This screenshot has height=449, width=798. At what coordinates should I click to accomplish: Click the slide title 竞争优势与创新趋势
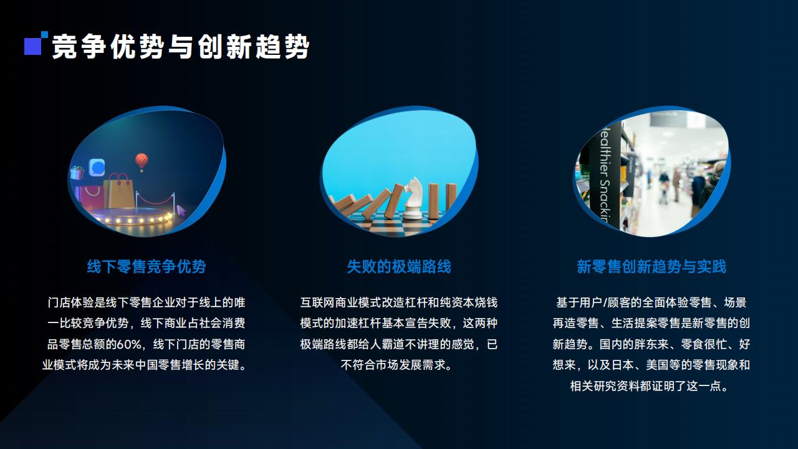[x=181, y=46]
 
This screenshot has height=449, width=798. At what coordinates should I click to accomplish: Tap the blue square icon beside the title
[x=33, y=46]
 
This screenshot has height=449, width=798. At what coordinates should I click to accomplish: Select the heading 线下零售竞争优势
[x=147, y=266]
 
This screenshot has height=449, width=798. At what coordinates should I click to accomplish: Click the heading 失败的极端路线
[x=399, y=266]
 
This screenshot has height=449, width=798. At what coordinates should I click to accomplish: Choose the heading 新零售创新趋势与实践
[x=651, y=266]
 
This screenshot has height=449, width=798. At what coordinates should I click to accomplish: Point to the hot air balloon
[x=142, y=162]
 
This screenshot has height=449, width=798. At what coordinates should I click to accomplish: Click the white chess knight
[x=413, y=198]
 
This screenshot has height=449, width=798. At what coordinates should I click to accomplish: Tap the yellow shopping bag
[x=119, y=191]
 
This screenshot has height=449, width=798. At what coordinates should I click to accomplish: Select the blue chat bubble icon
[x=97, y=168]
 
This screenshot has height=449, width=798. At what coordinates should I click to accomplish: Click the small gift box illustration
[x=77, y=173]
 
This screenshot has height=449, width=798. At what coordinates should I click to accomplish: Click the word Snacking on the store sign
[x=605, y=200]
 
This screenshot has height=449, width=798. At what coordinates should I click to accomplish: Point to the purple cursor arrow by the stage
[x=181, y=210]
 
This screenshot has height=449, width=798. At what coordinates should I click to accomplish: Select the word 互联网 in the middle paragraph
[x=317, y=302]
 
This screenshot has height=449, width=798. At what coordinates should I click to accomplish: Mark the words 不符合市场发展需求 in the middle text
[x=393, y=365]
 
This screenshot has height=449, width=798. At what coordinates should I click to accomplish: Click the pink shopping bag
[x=89, y=196]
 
